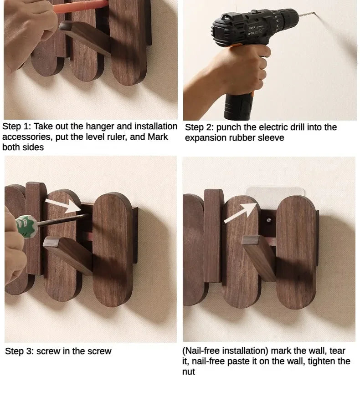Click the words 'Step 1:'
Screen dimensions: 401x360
point(16,127)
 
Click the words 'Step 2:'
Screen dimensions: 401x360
point(199,127)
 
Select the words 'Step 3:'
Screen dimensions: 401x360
point(19,351)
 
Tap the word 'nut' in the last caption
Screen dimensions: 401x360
point(188,371)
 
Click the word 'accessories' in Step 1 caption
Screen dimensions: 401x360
point(25,137)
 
